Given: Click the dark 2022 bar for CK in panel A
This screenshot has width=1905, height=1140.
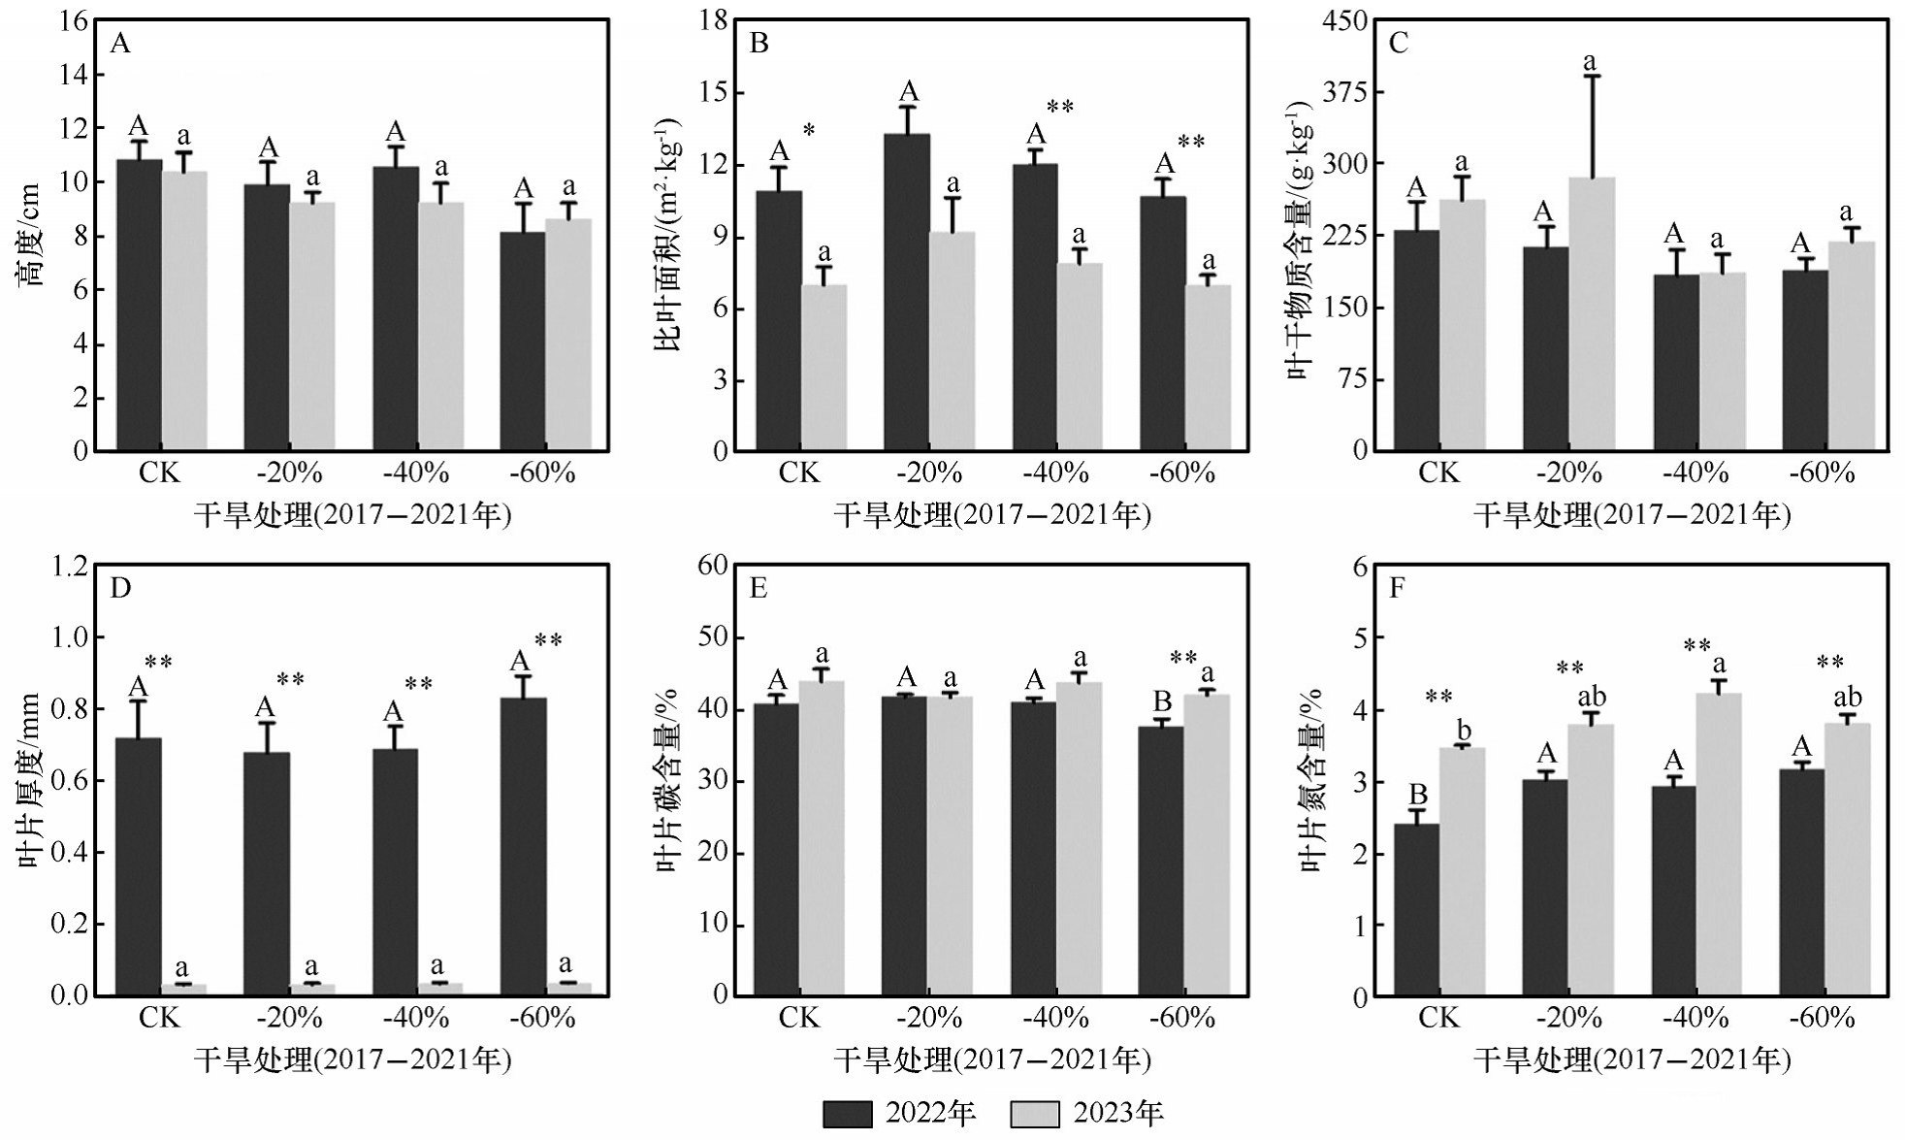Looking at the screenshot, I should click(x=139, y=305).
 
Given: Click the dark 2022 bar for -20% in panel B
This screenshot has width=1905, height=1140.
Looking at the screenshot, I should click(x=907, y=292).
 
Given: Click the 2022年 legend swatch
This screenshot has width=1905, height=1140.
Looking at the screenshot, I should click(x=847, y=1114).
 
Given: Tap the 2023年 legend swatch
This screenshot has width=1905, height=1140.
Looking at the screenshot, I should click(x=1034, y=1114).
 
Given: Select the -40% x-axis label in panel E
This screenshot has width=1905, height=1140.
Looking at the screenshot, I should click(x=1055, y=1018).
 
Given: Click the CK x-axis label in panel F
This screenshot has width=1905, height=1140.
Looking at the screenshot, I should click(x=1437, y=1018).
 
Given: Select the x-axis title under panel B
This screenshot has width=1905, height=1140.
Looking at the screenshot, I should click(x=991, y=514).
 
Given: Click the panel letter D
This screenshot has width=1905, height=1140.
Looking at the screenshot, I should click(x=120, y=588).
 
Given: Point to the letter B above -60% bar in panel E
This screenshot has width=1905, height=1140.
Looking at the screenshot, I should click(x=1162, y=700).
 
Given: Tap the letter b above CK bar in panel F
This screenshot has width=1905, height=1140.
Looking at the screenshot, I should click(x=1465, y=731).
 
